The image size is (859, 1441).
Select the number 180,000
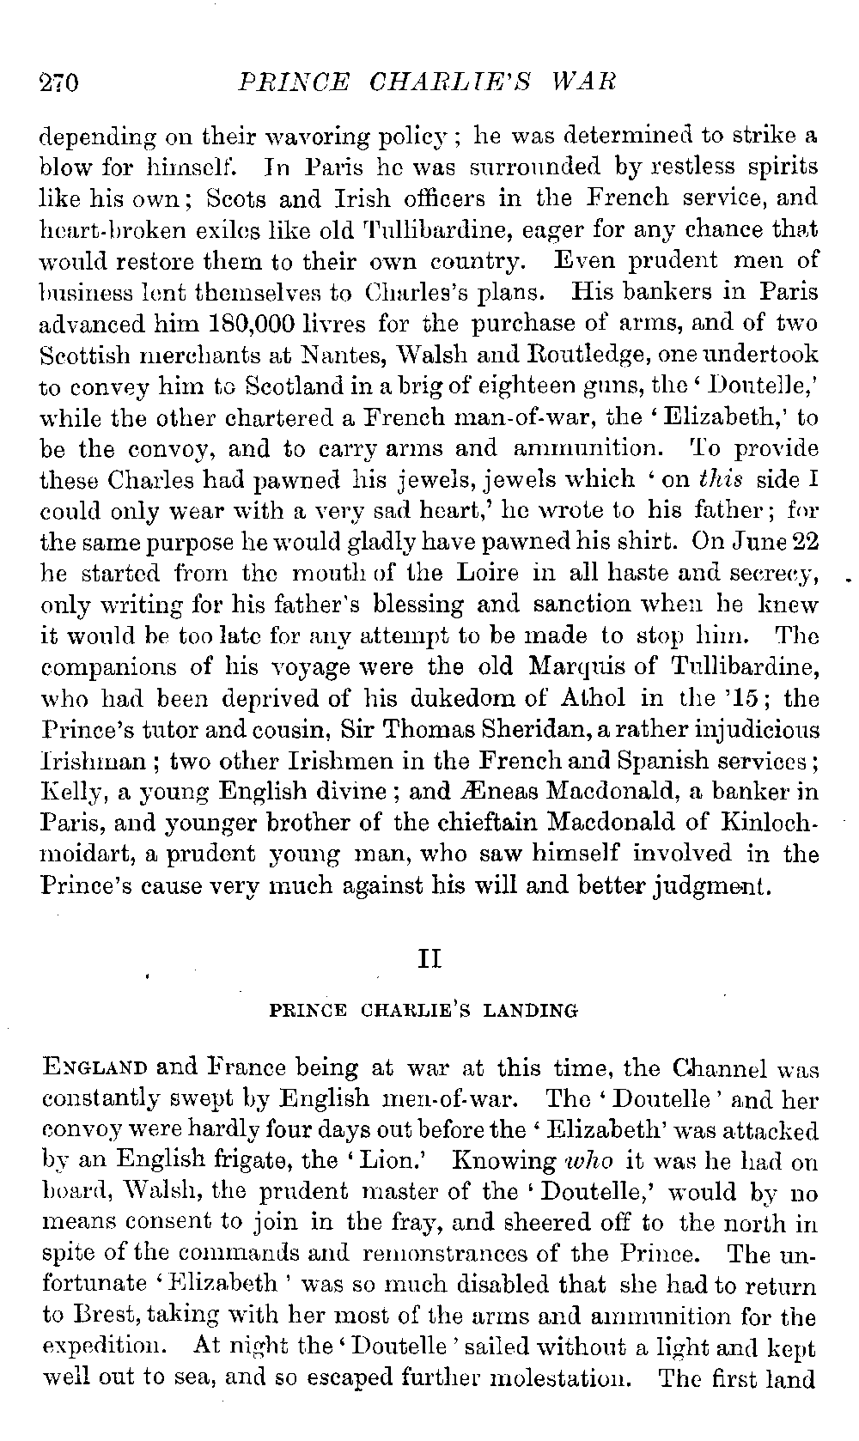click(x=249, y=324)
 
